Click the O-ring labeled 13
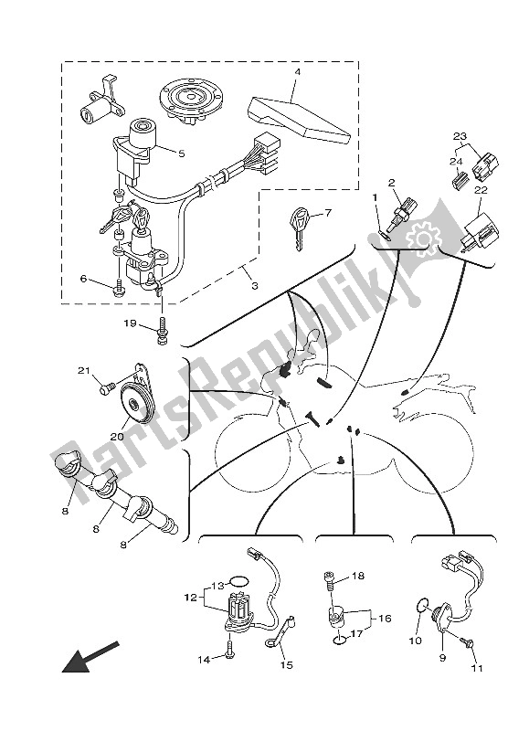click(238, 579)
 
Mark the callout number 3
click(254, 287)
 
